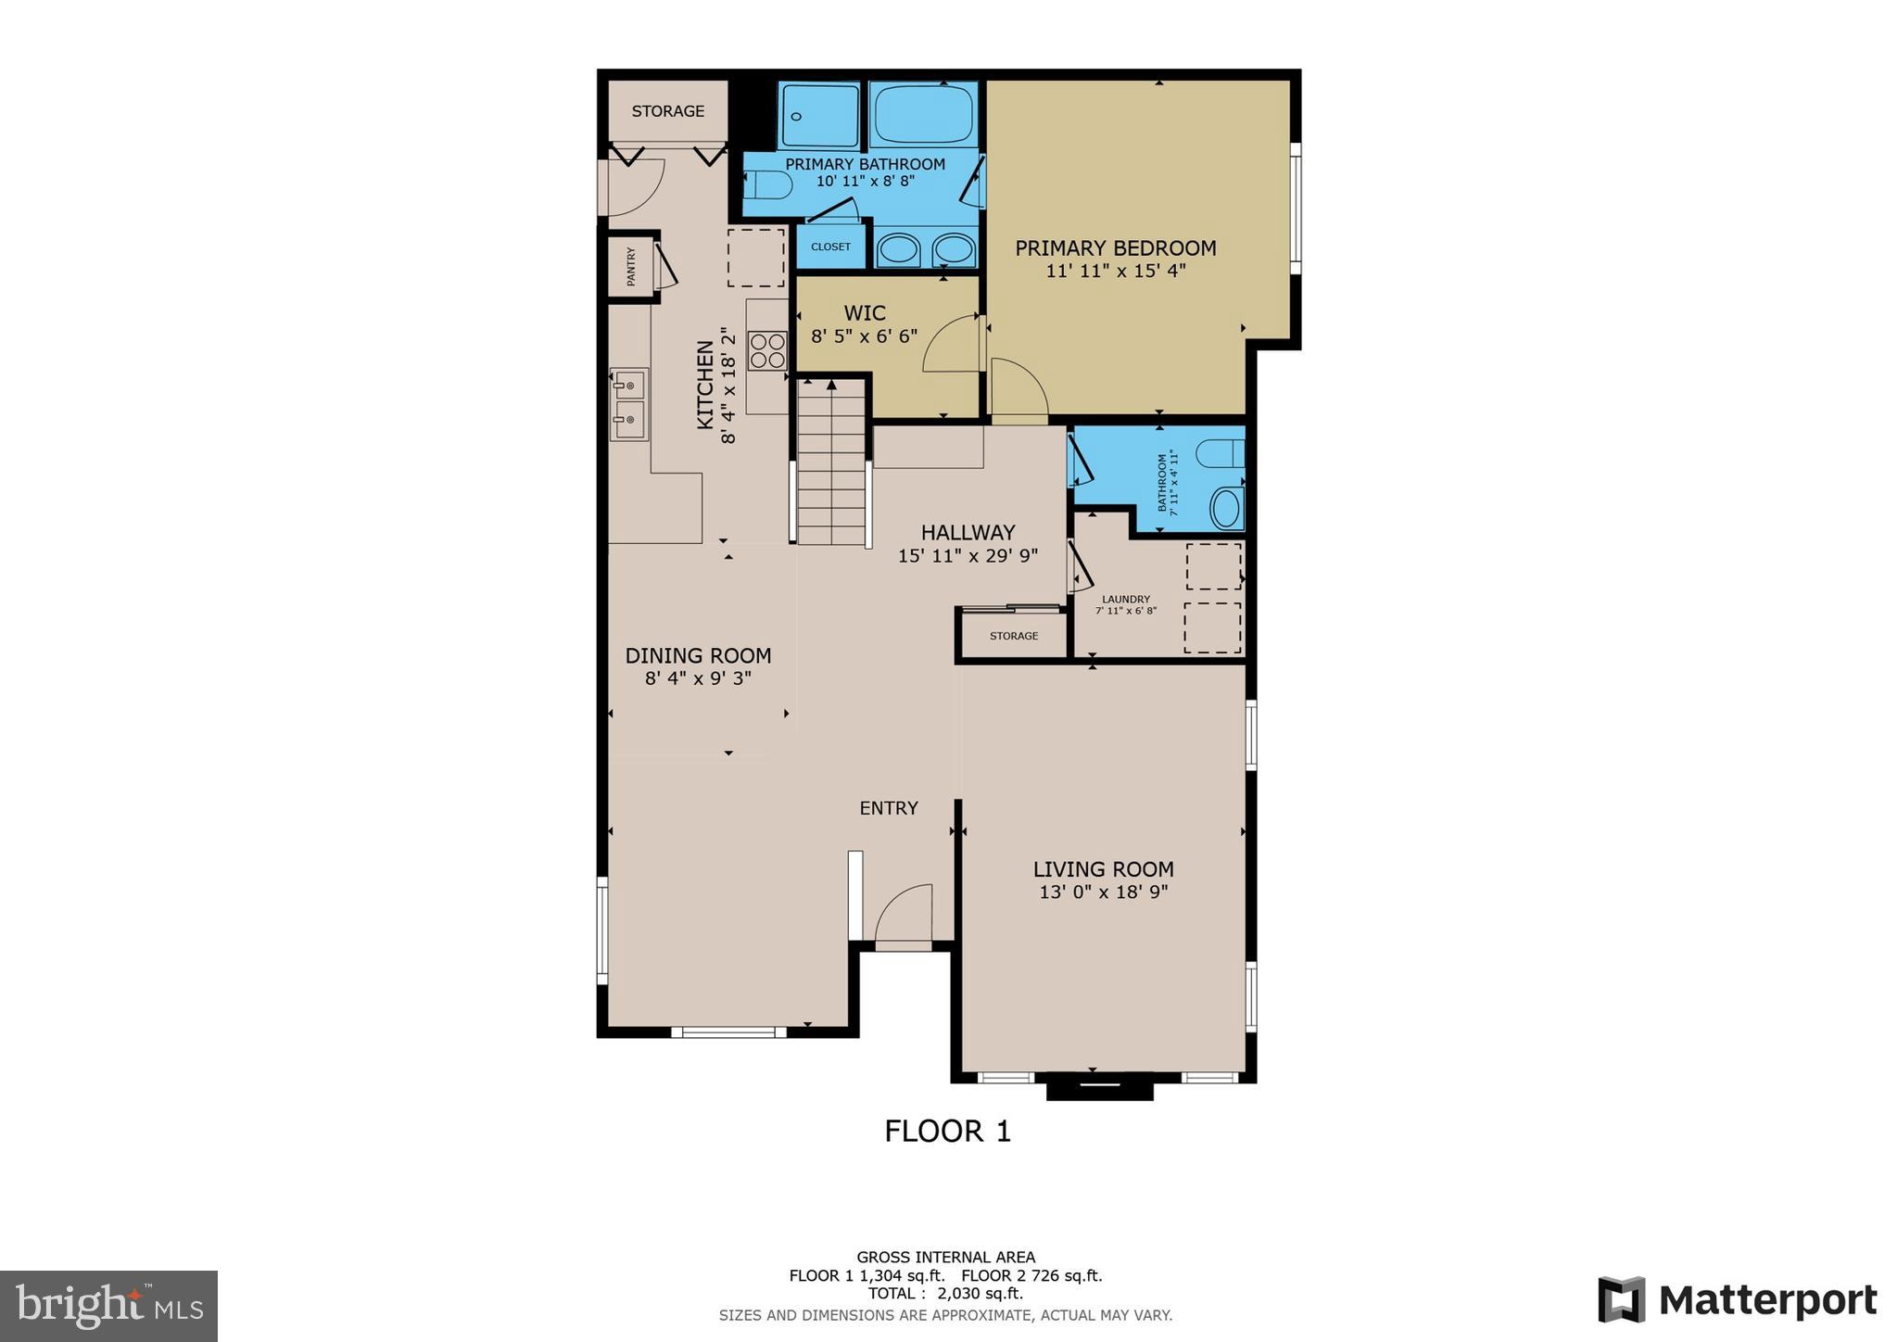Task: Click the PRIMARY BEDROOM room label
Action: point(1115,248)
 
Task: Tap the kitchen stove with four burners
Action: point(767,350)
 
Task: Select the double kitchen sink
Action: point(628,404)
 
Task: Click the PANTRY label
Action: point(631,266)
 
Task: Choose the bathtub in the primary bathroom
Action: point(923,114)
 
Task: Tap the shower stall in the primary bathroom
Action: point(818,115)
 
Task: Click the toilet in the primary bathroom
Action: point(768,185)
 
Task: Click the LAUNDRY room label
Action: point(1125,600)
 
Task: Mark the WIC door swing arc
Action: point(952,345)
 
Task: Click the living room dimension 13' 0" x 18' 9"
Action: point(1103,893)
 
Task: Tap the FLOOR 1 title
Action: point(947,1132)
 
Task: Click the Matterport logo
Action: point(1737,1300)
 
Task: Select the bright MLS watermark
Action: point(108,1306)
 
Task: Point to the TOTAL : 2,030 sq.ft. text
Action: point(945,1294)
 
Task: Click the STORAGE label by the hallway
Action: point(1013,637)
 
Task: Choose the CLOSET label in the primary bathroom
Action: point(830,247)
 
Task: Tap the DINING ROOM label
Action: point(698,656)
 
